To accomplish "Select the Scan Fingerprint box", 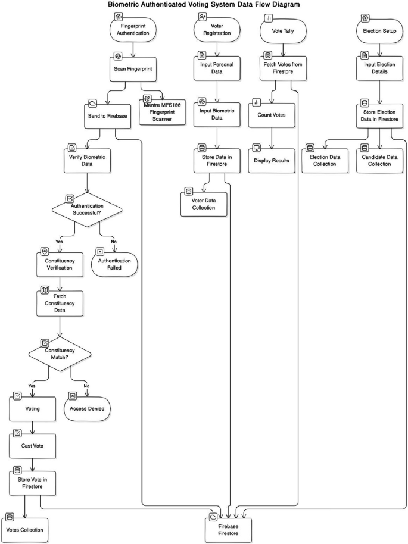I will (x=132, y=68).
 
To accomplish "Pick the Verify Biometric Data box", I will (x=88, y=159).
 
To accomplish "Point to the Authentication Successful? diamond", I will (x=88, y=210).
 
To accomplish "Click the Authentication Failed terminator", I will (x=114, y=263).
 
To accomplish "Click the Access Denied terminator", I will (x=88, y=409).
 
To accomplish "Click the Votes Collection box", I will (x=24, y=528).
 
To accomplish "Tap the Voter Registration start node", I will (x=217, y=30).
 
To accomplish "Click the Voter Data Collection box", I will (x=204, y=204).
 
